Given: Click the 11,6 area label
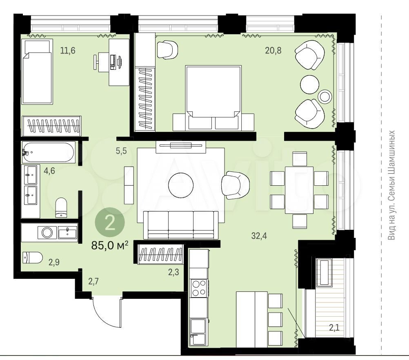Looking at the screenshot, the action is pyautogui.click(x=68, y=50).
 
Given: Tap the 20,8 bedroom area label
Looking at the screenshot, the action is pyautogui.click(x=273, y=50).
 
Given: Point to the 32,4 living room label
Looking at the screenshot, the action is pyautogui.click(x=259, y=236).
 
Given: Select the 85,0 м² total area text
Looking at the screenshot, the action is pyautogui.click(x=109, y=245).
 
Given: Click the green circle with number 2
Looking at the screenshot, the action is pyautogui.click(x=110, y=222).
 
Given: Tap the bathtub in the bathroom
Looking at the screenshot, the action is pyautogui.click(x=49, y=152).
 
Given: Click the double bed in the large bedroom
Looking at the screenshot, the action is pyautogui.click(x=213, y=98).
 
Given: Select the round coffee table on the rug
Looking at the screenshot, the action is pyautogui.click(x=181, y=185).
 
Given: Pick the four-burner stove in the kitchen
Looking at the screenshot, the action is pyautogui.click(x=199, y=288).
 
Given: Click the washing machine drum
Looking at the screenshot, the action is pyautogui.click(x=47, y=232).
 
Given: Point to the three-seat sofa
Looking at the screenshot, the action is pyautogui.click(x=181, y=225).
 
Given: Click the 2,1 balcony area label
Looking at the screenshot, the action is pyautogui.click(x=334, y=327).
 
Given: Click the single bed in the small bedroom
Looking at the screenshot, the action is pyautogui.click(x=37, y=71).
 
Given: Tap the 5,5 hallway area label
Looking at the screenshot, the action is pyautogui.click(x=121, y=151).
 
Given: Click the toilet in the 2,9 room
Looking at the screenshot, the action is pyautogui.click(x=33, y=258).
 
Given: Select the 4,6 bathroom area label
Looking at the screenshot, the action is pyautogui.click(x=49, y=171).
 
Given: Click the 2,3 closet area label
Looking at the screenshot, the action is pyautogui.click(x=173, y=272).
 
